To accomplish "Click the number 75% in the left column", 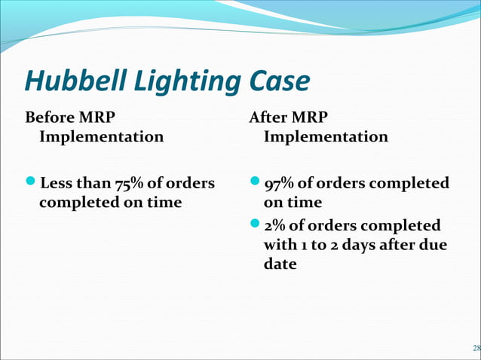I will (x=130, y=184).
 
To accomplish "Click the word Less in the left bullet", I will (x=57, y=184).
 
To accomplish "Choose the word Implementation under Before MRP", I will (x=101, y=137).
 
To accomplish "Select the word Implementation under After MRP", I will (x=326, y=137).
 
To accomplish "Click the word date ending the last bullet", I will (x=280, y=264).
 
